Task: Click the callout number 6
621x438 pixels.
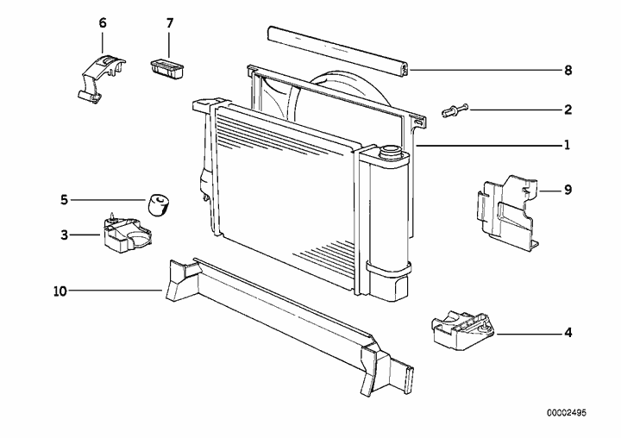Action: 103,22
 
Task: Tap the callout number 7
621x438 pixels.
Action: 169,22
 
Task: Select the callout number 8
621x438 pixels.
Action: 567,70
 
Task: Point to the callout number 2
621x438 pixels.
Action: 567,109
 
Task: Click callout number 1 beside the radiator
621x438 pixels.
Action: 567,146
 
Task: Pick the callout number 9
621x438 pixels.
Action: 567,188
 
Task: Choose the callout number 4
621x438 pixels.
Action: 567,331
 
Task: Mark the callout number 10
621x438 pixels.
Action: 60,291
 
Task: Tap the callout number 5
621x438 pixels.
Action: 63,200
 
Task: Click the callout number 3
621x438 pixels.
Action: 63,233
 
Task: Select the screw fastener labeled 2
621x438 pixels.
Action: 455,110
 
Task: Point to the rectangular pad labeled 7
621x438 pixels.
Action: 167,68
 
